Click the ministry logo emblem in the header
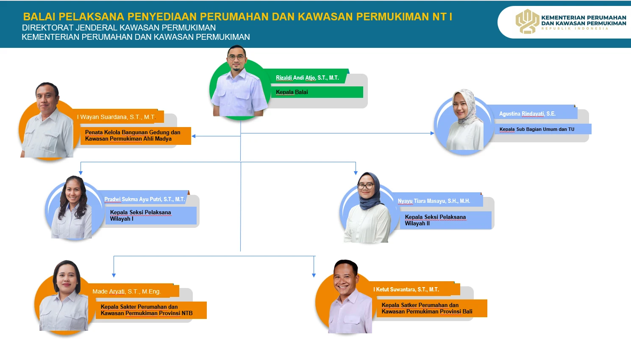pyautogui.click(x=527, y=22)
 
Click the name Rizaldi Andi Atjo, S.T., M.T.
pyautogui.click(x=307, y=78)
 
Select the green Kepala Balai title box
pyautogui.click(x=317, y=92)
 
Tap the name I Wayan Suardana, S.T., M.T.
pyautogui.click(x=117, y=117)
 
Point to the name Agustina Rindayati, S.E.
pyautogui.click(x=527, y=114)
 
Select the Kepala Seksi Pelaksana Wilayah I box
pyautogui.click(x=151, y=216)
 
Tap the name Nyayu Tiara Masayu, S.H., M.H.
pyautogui.click(x=434, y=201)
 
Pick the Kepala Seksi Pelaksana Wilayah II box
pyautogui.click(x=446, y=220)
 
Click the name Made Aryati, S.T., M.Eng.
pyautogui.click(x=126, y=292)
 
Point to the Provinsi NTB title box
pyautogui.click(x=151, y=310)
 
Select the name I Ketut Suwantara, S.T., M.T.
pyautogui.click(x=406, y=289)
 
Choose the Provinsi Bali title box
pyautogui.click(x=432, y=308)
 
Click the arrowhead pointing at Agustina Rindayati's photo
pyautogui.click(x=432, y=133)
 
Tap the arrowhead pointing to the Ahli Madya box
pyautogui.click(x=194, y=136)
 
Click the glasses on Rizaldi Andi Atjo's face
pyautogui.click(x=236, y=58)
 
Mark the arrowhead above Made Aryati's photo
pyautogui.click(x=114, y=275)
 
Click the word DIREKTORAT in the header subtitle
pyautogui.click(x=47, y=28)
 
